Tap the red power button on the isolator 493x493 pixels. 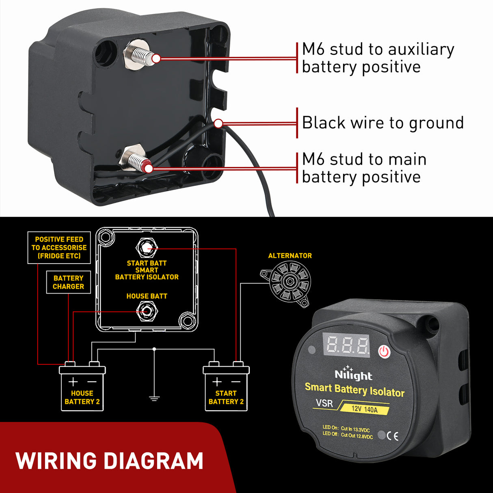pyautogui.click(x=384, y=351)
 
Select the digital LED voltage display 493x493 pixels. pyautogui.click(x=346, y=345)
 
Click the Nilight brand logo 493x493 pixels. pyautogui.click(x=353, y=375)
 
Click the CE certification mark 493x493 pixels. pyautogui.click(x=392, y=436)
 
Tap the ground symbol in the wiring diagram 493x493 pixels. pyautogui.click(x=154, y=398)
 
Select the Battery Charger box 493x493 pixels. pyautogui.click(x=68, y=282)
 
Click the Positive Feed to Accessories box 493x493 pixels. pyautogui.click(x=59, y=248)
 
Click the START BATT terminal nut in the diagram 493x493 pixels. pyautogui.click(x=147, y=248)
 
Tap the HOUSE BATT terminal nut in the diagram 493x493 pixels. pyautogui.click(x=147, y=311)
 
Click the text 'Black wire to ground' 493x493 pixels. pyautogui.click(x=383, y=123)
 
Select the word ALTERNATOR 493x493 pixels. pyautogui.click(x=290, y=255)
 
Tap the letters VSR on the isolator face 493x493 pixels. pyautogui.click(x=324, y=403)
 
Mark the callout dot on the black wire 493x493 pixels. pyautogui.click(x=218, y=123)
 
